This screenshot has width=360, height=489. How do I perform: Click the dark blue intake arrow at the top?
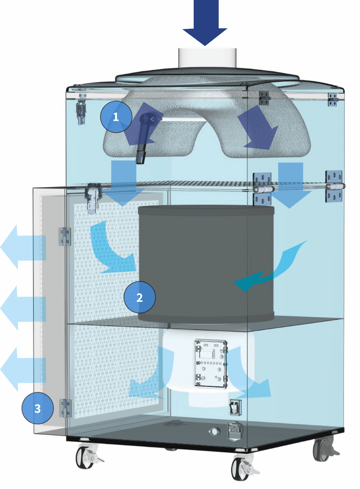point(205,22)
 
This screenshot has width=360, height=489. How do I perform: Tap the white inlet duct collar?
point(207,58)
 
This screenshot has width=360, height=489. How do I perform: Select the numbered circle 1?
point(116,117)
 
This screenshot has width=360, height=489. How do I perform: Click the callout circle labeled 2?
point(139,297)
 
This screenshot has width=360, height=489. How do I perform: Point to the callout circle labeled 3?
point(37,408)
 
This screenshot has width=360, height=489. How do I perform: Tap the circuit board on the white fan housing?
point(211,364)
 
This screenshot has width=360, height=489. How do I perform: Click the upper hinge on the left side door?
point(65,237)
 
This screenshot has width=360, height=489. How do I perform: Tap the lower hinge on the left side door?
point(65,408)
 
